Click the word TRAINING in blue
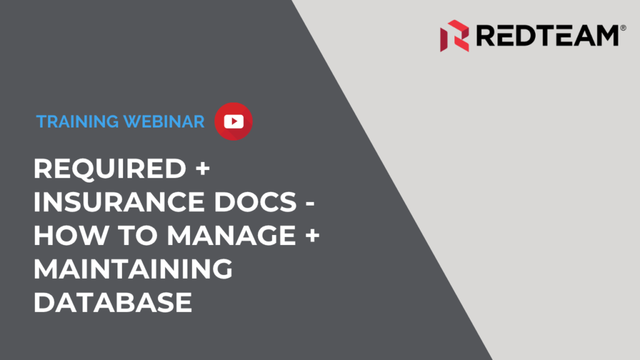(x=77, y=122)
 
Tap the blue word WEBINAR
(x=164, y=122)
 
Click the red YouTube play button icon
(x=234, y=122)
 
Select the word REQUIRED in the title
(x=110, y=169)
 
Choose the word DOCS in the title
(x=256, y=202)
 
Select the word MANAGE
(x=231, y=236)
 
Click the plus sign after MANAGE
(x=312, y=236)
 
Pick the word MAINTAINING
(x=133, y=269)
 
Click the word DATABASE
(x=112, y=302)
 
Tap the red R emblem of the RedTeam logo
(x=454, y=36)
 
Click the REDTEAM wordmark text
(x=547, y=36)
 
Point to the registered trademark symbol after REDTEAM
(x=623, y=27)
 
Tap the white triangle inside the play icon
(x=234, y=122)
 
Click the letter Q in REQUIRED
(x=92, y=169)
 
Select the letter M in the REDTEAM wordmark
(x=606, y=36)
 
